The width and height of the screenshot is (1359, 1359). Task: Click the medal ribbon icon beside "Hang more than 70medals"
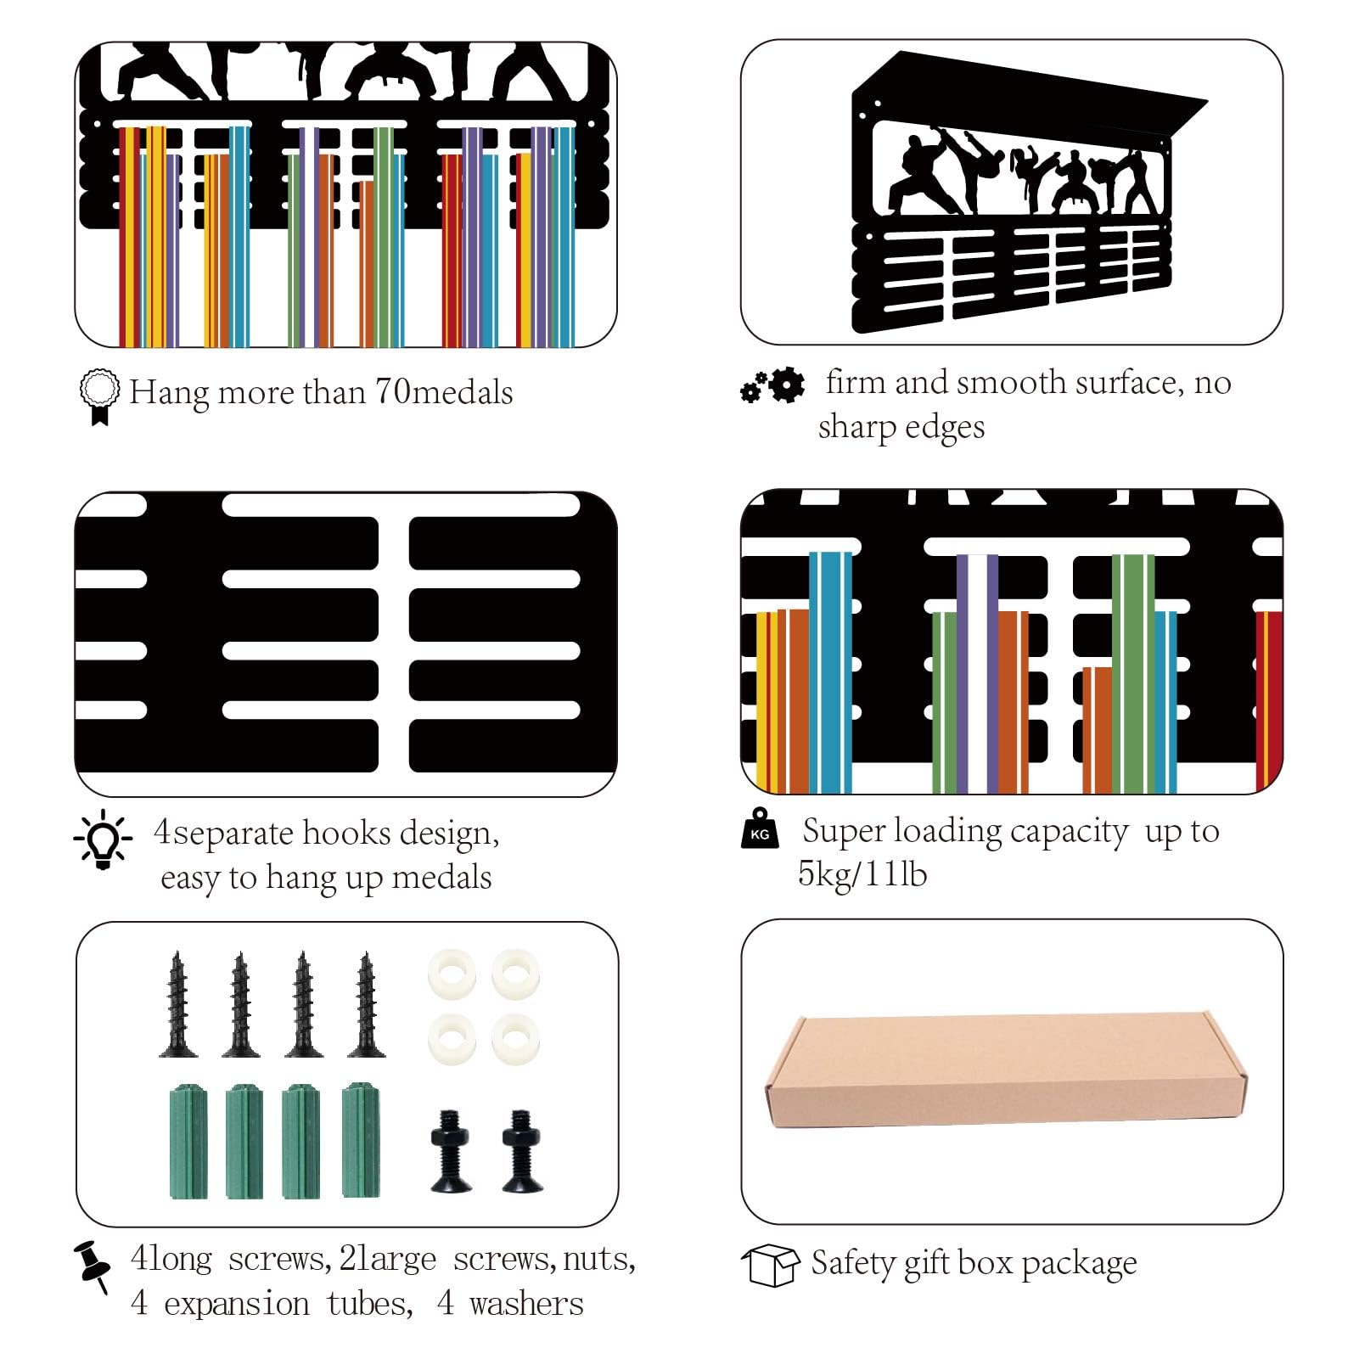click(99, 396)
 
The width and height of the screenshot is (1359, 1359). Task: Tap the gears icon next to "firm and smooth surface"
click(772, 385)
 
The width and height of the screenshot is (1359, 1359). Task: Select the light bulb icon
click(103, 839)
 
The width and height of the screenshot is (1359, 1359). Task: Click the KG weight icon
click(760, 828)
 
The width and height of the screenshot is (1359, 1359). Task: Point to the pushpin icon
click(93, 1266)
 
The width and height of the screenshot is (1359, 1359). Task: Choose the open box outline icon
click(771, 1266)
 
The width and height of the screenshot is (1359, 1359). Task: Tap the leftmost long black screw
click(178, 1004)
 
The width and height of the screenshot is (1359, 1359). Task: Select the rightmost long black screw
click(367, 1004)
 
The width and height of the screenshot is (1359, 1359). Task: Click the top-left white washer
click(452, 974)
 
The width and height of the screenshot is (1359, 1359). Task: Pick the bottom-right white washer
click(515, 1039)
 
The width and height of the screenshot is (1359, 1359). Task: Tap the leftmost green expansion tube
click(188, 1141)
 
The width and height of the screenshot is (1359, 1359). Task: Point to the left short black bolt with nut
click(451, 1150)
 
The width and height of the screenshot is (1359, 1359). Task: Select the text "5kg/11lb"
click(862, 874)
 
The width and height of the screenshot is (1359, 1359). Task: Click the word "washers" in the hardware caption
click(526, 1304)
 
